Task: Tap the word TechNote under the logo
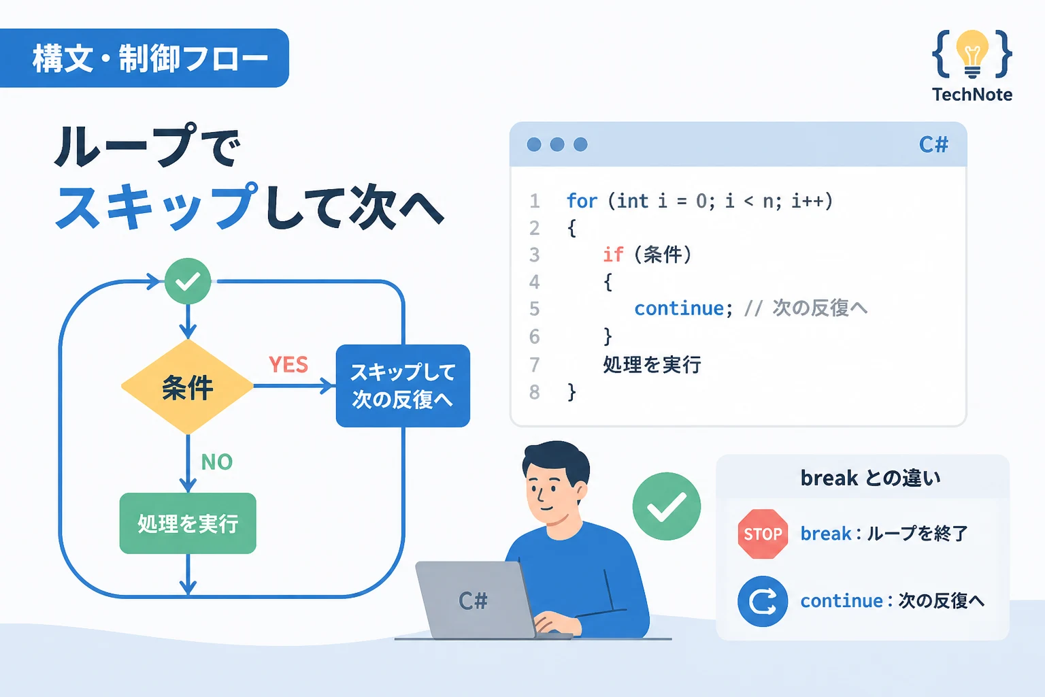tap(972, 95)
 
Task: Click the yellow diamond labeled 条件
tap(188, 387)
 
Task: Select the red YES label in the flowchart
tap(288, 365)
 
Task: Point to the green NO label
tap(217, 462)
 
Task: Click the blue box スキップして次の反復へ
tap(403, 386)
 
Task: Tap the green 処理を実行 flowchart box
tap(188, 523)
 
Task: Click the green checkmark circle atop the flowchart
tap(188, 281)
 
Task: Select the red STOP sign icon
tap(763, 534)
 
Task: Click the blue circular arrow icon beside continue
tap(763, 601)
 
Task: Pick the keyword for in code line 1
tap(582, 201)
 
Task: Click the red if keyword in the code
tap(613, 255)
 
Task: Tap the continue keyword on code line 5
tap(679, 308)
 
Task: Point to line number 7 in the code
tap(535, 365)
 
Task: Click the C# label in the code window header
tap(933, 145)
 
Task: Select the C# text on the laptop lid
tap(473, 601)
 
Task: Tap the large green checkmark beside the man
tap(667, 506)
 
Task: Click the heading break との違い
tap(871, 478)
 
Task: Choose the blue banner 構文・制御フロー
tap(144, 58)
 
